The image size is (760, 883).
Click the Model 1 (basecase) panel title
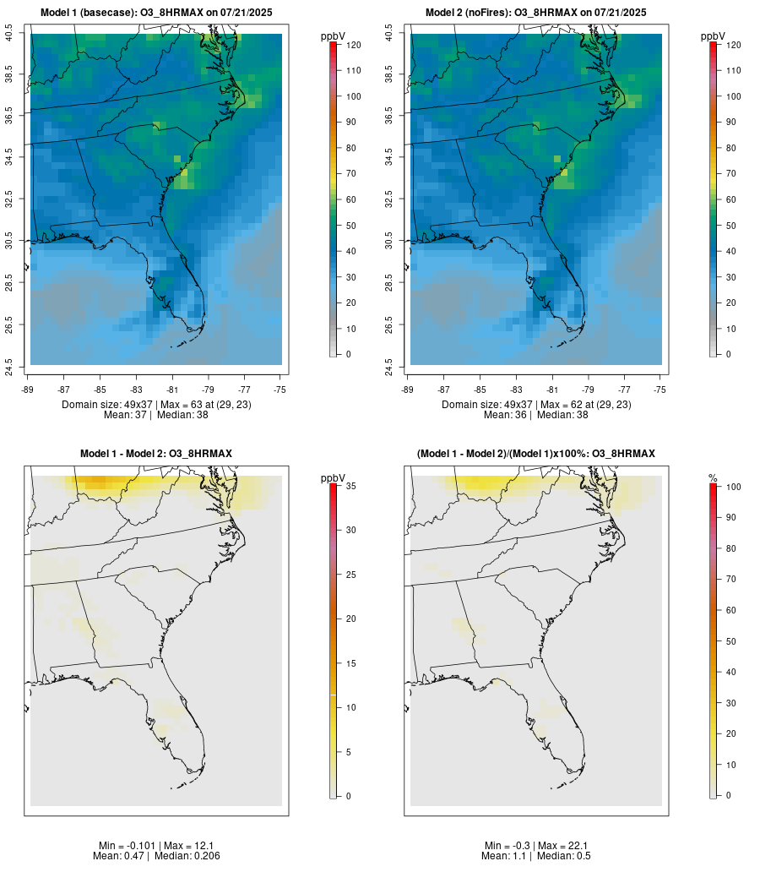tap(156, 13)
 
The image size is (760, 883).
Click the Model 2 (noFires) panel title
tap(536, 13)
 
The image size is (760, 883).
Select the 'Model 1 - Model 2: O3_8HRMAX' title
tap(156, 454)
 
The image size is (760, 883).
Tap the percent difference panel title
tap(536, 454)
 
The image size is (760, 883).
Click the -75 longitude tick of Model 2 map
tap(660, 390)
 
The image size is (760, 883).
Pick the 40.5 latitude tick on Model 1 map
tap(8, 34)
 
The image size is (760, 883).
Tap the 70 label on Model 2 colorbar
tap(730, 173)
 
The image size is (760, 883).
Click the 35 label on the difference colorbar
tap(350, 486)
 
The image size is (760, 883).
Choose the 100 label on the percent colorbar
tap(733, 487)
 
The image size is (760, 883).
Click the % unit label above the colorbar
tap(713, 478)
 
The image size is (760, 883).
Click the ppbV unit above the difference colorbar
tap(334, 478)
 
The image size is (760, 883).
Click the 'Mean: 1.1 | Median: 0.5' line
tap(536, 856)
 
